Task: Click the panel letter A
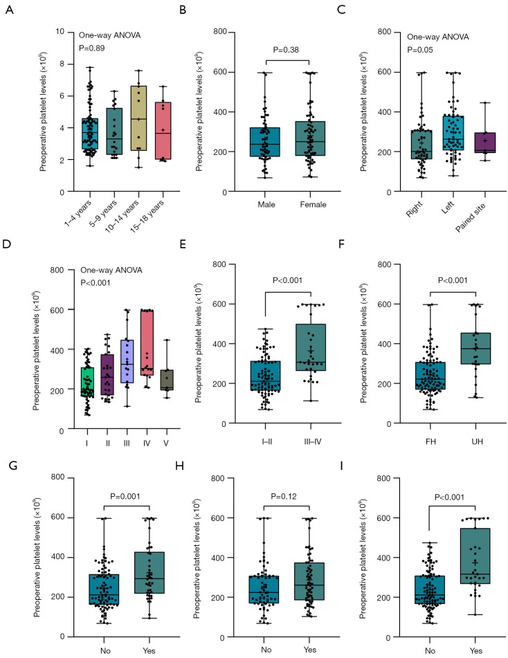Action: point(9,10)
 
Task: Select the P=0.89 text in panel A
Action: point(92,48)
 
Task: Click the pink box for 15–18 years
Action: point(163,131)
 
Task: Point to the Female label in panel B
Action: point(314,204)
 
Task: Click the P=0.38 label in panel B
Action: point(286,50)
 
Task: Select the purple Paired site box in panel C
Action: point(485,143)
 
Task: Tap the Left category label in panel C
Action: point(448,208)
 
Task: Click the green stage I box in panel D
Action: point(87,383)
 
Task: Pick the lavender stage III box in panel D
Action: point(127,361)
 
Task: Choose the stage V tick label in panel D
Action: point(166,443)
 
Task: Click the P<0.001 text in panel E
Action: point(288,280)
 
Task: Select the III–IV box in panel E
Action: point(311,347)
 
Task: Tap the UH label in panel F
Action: point(477,441)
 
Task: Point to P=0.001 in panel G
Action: point(125,496)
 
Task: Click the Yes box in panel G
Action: point(149,573)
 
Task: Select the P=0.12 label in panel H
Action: point(284,496)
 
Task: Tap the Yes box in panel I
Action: point(475,556)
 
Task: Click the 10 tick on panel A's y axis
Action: point(60,32)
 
